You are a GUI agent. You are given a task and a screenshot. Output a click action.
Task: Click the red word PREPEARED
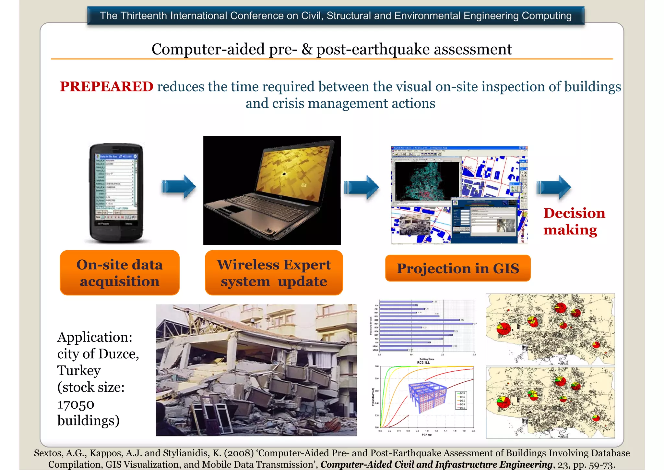(x=106, y=87)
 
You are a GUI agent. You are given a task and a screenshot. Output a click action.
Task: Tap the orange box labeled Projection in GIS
(x=457, y=268)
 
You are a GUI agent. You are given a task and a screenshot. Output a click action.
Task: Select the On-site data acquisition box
(x=120, y=273)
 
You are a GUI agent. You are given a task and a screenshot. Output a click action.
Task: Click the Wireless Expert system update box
(x=274, y=273)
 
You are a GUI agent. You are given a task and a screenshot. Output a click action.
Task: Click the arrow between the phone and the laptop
(x=179, y=187)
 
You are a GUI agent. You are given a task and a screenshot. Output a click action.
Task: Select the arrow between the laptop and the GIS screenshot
(x=362, y=187)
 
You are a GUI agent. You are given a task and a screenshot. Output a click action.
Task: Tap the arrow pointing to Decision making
(x=554, y=187)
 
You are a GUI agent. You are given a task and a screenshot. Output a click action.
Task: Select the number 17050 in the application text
(x=76, y=404)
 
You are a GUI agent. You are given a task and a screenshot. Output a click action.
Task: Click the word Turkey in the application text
(x=79, y=371)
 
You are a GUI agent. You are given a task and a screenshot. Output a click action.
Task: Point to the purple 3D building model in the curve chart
(x=427, y=397)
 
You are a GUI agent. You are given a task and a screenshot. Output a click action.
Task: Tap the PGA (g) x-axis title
(x=426, y=435)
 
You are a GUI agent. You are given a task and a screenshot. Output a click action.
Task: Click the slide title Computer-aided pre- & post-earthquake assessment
(x=331, y=49)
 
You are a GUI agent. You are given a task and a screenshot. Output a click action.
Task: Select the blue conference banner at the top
(x=336, y=16)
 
